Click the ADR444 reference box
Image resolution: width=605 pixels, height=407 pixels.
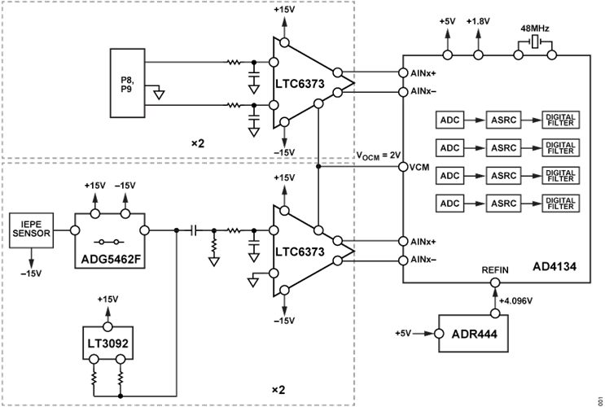click(x=471, y=334)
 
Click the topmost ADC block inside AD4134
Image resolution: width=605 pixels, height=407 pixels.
click(x=450, y=121)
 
